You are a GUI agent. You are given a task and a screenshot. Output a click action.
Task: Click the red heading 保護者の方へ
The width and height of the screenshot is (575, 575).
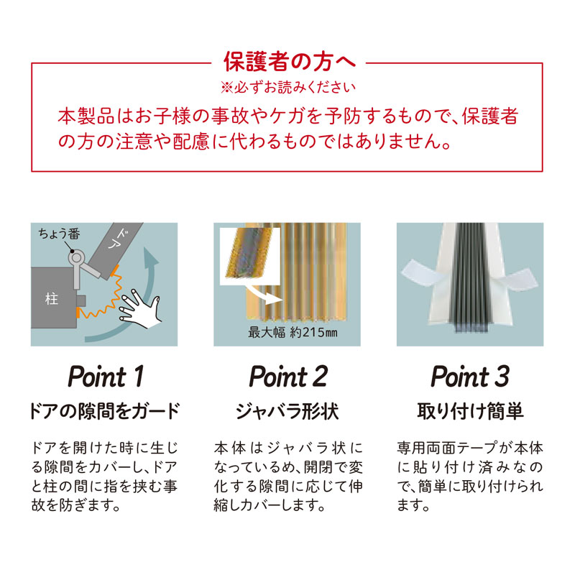[290, 62]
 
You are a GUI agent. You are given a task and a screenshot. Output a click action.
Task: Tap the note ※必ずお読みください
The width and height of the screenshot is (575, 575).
[288, 87]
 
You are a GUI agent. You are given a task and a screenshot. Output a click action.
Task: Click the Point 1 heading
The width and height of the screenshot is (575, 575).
[106, 376]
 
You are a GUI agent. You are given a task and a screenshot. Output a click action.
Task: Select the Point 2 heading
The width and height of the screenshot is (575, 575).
[288, 376]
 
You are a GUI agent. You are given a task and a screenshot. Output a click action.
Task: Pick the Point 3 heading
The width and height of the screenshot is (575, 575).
[470, 376]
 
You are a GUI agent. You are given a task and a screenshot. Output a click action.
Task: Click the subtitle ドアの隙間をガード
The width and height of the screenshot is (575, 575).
[104, 410]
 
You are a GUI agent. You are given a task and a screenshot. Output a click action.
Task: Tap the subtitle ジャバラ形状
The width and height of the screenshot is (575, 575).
[287, 410]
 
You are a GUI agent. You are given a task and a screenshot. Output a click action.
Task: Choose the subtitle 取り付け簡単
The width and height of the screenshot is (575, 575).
[470, 410]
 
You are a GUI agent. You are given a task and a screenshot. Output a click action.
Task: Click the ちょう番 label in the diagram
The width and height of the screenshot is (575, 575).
[59, 234]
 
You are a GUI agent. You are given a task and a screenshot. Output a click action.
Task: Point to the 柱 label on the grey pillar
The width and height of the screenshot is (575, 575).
[52, 299]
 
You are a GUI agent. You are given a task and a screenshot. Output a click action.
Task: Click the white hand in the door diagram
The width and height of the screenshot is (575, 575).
[140, 309]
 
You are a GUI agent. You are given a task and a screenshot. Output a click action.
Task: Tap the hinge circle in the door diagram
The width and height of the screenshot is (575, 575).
[76, 258]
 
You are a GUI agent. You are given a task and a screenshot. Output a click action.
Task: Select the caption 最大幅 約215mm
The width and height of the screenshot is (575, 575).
[293, 333]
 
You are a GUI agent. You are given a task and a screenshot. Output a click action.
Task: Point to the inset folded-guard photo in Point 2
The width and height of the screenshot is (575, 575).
[250, 256]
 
